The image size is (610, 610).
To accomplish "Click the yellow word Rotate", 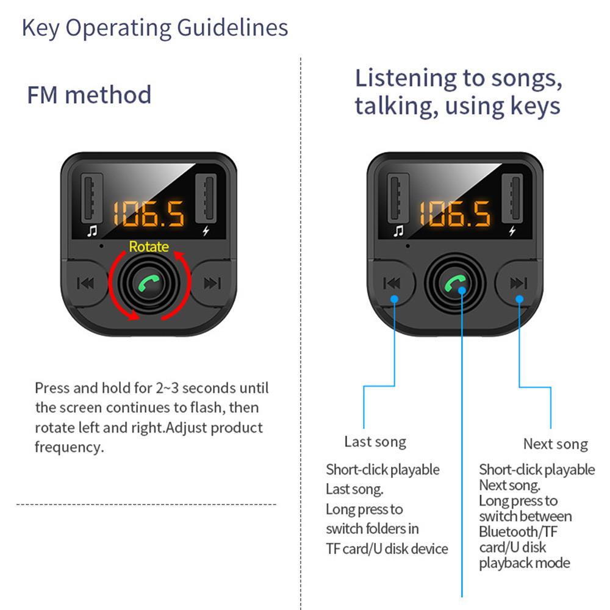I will tap(149, 246).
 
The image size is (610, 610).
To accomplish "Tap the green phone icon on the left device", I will tap(148, 283).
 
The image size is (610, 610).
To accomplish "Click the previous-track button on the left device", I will tap(85, 283).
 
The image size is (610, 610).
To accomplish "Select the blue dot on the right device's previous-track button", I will tap(395, 298).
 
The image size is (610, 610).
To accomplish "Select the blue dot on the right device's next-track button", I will tap(520, 298).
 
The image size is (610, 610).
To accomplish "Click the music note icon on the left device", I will tap(92, 231).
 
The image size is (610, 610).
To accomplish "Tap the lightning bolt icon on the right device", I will tap(512, 231).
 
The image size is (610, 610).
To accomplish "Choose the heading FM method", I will tap(89, 95).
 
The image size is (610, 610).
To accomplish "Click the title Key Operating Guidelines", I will tap(155, 28).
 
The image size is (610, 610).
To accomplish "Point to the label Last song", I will tap(375, 442).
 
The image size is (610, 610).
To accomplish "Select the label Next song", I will tap(555, 444).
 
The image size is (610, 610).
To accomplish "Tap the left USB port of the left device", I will tap(91, 199).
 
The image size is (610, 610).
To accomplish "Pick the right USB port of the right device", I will tap(512, 199).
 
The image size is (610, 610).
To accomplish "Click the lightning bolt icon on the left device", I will tap(205, 231).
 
